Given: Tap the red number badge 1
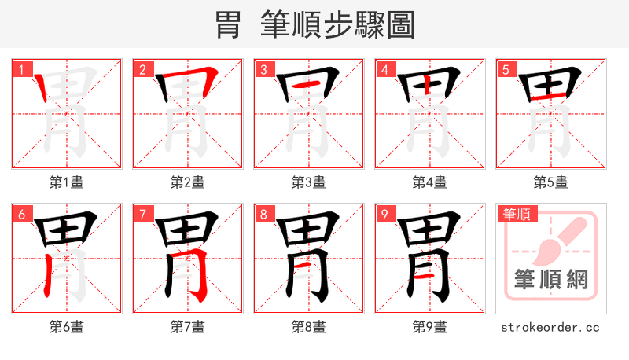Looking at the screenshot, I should coord(20,69).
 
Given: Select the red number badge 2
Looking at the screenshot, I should coord(142,69).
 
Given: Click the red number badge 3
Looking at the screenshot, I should coord(263,69).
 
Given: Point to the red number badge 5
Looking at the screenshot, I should coord(505,69).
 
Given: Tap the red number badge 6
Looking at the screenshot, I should coord(20,214).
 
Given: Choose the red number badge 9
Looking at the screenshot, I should coord(384,214).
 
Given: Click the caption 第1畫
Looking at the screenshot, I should coord(67,182).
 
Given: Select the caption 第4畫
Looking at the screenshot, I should coord(430,182).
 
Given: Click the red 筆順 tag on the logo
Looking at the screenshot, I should coord(517,213).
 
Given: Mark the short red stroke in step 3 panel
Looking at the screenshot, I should coord(308,84).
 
